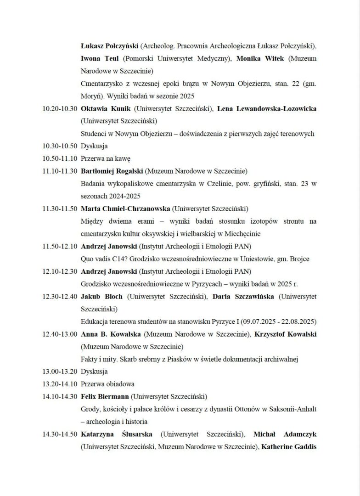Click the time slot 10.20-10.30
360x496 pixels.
(59, 109)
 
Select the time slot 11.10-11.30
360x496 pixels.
(59, 171)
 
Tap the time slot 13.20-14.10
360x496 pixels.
(59, 384)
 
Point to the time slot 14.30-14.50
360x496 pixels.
(59, 434)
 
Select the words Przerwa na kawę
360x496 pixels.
(106, 159)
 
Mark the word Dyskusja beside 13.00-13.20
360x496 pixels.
(94, 372)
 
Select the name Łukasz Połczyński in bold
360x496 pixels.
(109, 46)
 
